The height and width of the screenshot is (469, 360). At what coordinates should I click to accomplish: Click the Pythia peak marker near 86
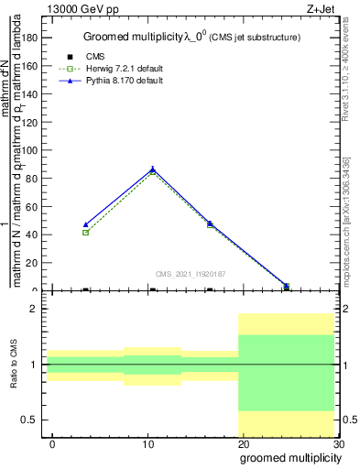pos(152,169)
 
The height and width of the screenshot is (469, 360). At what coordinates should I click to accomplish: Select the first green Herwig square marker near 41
pos(85,233)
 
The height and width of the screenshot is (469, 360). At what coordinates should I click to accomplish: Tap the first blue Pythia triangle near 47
pos(85,224)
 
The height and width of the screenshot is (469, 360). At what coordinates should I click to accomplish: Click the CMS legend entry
pos(96,57)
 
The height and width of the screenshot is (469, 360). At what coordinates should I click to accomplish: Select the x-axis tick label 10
pos(147,444)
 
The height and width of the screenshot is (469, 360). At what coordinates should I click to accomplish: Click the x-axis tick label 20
pos(243,444)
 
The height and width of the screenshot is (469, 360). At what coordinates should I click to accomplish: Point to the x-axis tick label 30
pos(338,444)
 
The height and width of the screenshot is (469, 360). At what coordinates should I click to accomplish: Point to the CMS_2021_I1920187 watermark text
pos(191,274)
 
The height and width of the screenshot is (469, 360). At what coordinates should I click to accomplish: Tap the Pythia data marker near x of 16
pos(210,223)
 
